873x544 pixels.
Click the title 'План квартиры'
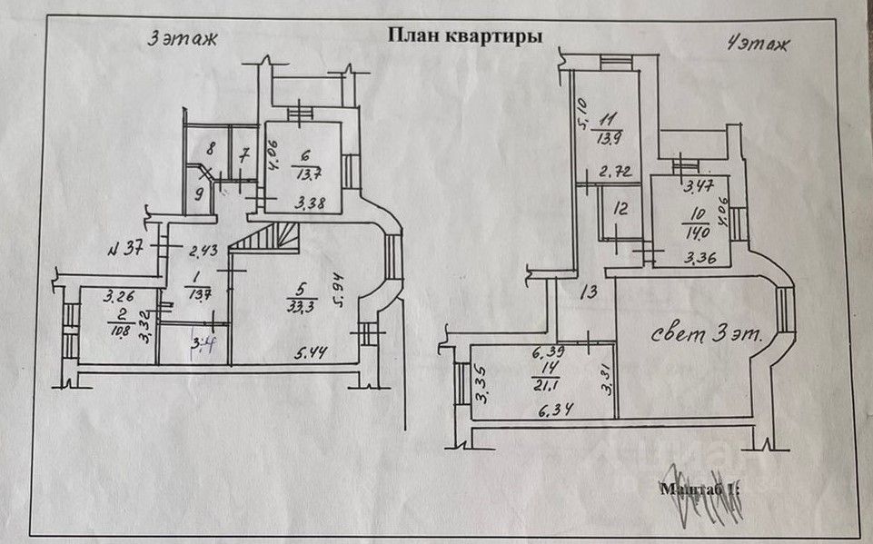click(x=465, y=35)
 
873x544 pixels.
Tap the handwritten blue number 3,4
click(x=202, y=342)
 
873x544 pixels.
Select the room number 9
click(x=200, y=192)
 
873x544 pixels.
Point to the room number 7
click(x=243, y=154)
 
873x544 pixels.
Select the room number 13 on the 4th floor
click(x=589, y=292)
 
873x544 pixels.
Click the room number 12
click(x=620, y=209)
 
